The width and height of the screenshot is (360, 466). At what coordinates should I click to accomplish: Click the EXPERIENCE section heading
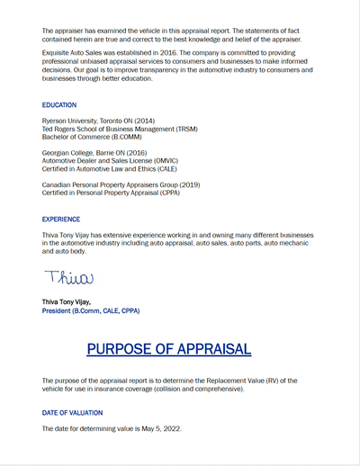pyautogui.click(x=61, y=219)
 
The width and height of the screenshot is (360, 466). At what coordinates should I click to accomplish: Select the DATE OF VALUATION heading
pyautogui.click(x=74, y=412)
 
